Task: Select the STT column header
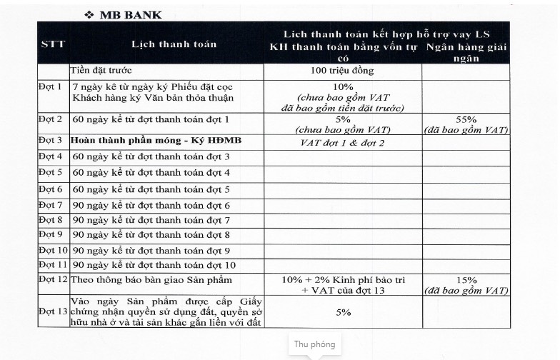tap(53, 44)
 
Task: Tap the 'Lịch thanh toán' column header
tap(174, 44)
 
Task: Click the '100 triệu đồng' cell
tap(342, 71)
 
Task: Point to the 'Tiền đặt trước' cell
tap(111, 71)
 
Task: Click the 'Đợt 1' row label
tap(50, 87)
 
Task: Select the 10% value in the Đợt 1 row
tap(342, 87)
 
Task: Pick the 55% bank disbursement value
tap(465, 119)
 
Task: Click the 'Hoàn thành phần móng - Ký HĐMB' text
tap(157, 141)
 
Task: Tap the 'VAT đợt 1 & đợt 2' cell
tap(342, 141)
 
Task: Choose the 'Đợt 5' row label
tap(50, 172)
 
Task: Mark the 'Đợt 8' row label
tap(50, 219)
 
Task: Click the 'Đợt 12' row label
tap(53, 280)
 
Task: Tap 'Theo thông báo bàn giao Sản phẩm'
tap(151, 280)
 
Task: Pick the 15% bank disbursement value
tap(465, 279)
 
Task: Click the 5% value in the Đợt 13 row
tap(343, 312)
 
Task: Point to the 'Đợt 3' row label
tap(50, 141)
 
